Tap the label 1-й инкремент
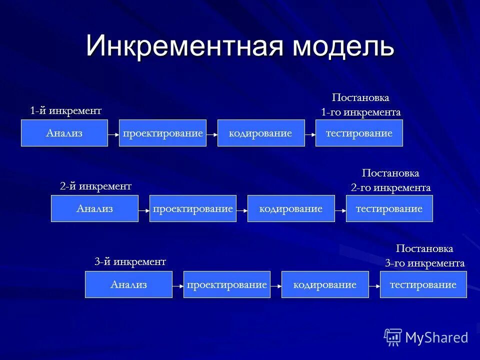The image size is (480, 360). point(65,110)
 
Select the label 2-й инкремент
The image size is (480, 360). point(95,186)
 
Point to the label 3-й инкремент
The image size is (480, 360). point(130,261)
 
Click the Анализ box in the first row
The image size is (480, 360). point(64,133)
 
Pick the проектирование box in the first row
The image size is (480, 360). point(162,133)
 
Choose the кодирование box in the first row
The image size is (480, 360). point(260,133)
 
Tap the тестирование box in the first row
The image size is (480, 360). point(359,133)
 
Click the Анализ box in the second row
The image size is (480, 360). point(94,208)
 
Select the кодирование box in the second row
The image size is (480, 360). point(291,208)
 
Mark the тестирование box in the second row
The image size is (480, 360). point(389,208)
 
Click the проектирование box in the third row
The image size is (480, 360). point(226,284)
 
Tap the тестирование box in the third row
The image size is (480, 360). point(423,284)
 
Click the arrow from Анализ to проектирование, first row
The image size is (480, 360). point(113,134)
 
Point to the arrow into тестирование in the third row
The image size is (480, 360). point(374,286)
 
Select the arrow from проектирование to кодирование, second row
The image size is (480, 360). point(242,210)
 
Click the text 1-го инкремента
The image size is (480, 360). point(360,112)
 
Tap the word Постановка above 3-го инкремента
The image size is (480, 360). point(424,248)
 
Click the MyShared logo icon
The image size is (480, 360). point(393,337)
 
